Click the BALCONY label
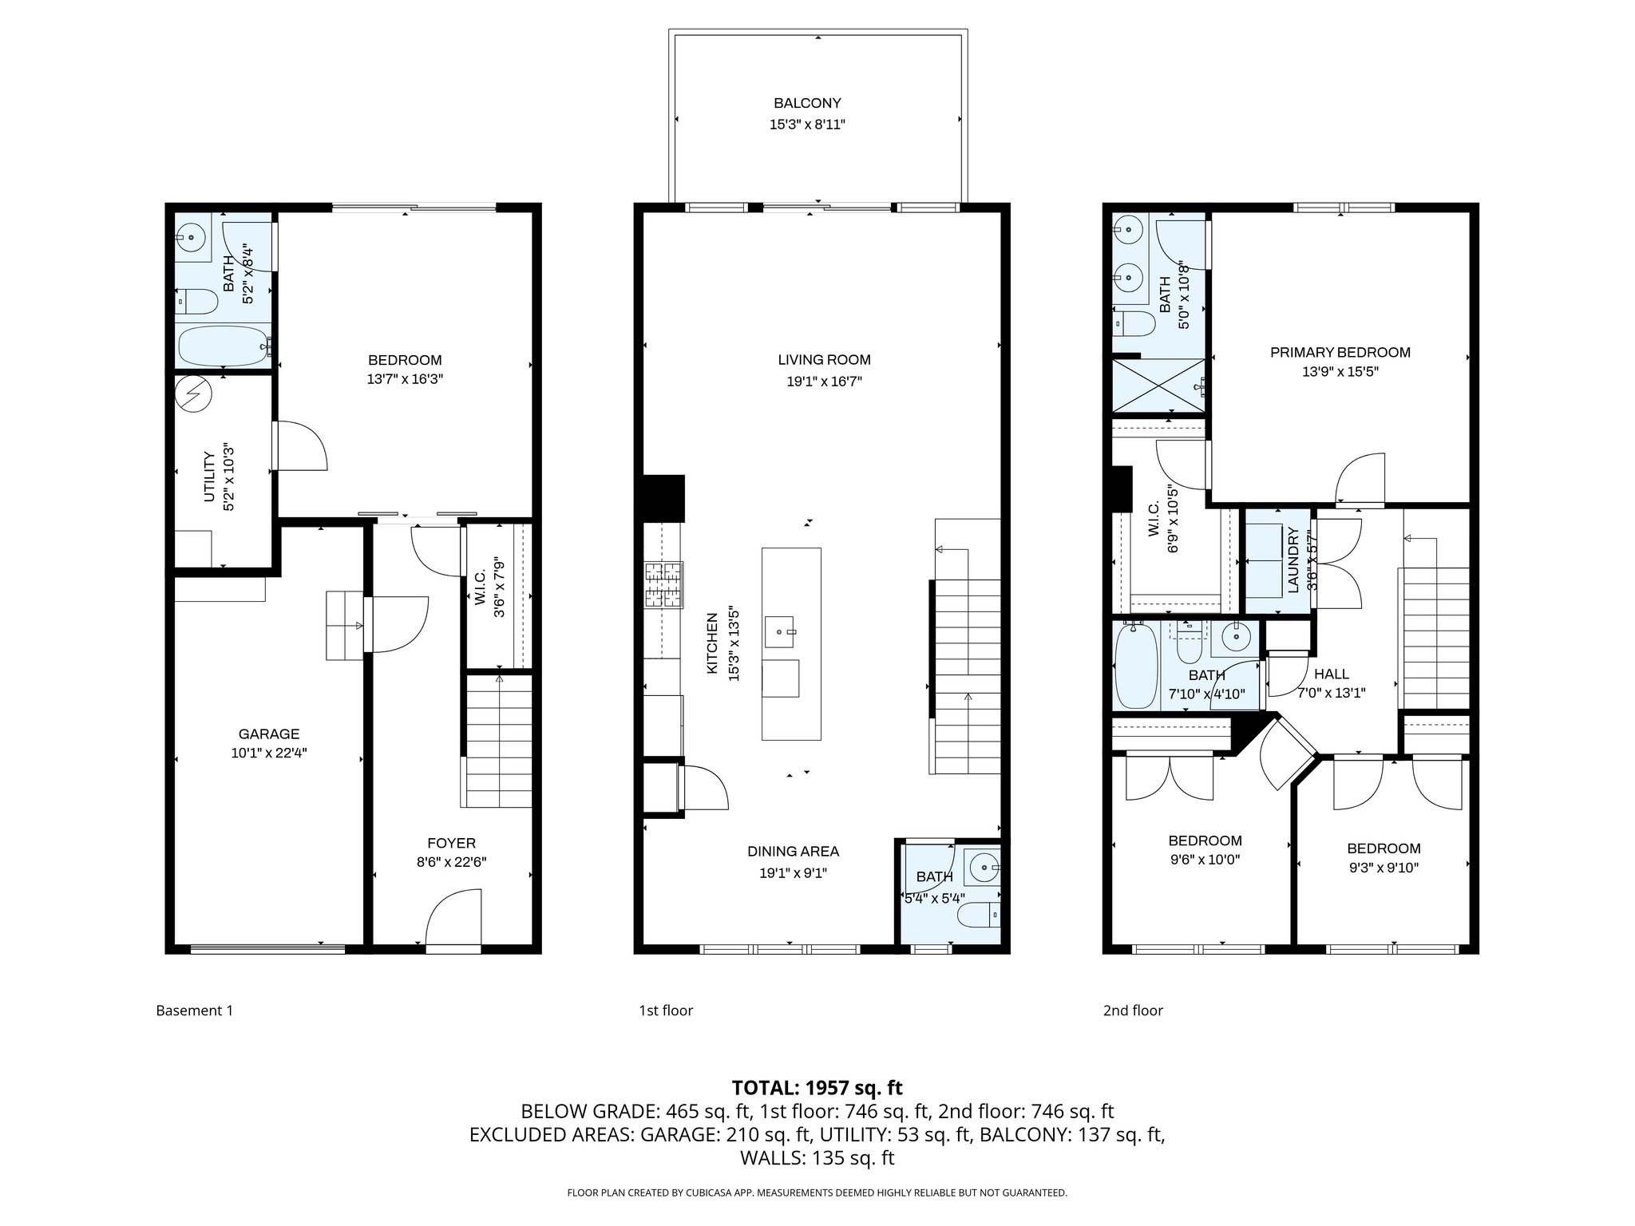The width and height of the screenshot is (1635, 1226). (807, 103)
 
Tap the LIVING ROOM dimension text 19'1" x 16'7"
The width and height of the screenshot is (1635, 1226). (824, 382)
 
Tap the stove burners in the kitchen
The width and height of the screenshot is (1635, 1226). (664, 585)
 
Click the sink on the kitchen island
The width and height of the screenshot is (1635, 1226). (780, 631)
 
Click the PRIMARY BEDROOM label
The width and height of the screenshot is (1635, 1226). (1340, 352)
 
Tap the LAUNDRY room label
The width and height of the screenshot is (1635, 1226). (1293, 561)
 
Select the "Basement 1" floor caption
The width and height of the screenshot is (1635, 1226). (194, 1010)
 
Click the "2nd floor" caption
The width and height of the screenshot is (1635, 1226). (1133, 1010)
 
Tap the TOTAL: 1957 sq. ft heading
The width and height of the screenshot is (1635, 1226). (817, 1087)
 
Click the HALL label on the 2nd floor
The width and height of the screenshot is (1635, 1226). (1332, 674)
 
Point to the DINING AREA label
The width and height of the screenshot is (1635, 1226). (793, 852)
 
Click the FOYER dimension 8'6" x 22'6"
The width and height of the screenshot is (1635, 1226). (451, 862)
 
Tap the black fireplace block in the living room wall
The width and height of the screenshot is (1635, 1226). (663, 498)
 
